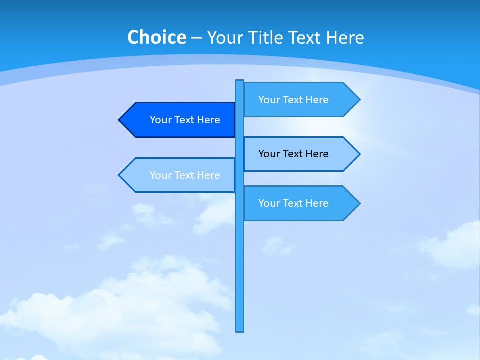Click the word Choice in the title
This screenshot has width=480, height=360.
(x=156, y=37)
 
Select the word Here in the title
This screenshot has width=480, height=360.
(x=345, y=37)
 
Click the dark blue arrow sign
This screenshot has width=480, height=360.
(x=180, y=120)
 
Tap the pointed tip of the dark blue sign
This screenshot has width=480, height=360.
(x=120, y=120)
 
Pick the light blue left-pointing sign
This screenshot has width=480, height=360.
(x=180, y=175)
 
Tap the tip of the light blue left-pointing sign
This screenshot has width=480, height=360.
(x=120, y=175)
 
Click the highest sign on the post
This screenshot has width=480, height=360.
(x=300, y=100)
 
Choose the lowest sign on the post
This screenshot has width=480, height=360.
(x=300, y=203)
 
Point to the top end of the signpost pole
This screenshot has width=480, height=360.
(x=240, y=81)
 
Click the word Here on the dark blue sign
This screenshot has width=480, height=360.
(x=208, y=120)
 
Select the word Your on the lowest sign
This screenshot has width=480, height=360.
(x=269, y=203)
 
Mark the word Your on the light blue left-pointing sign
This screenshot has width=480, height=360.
(x=160, y=175)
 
